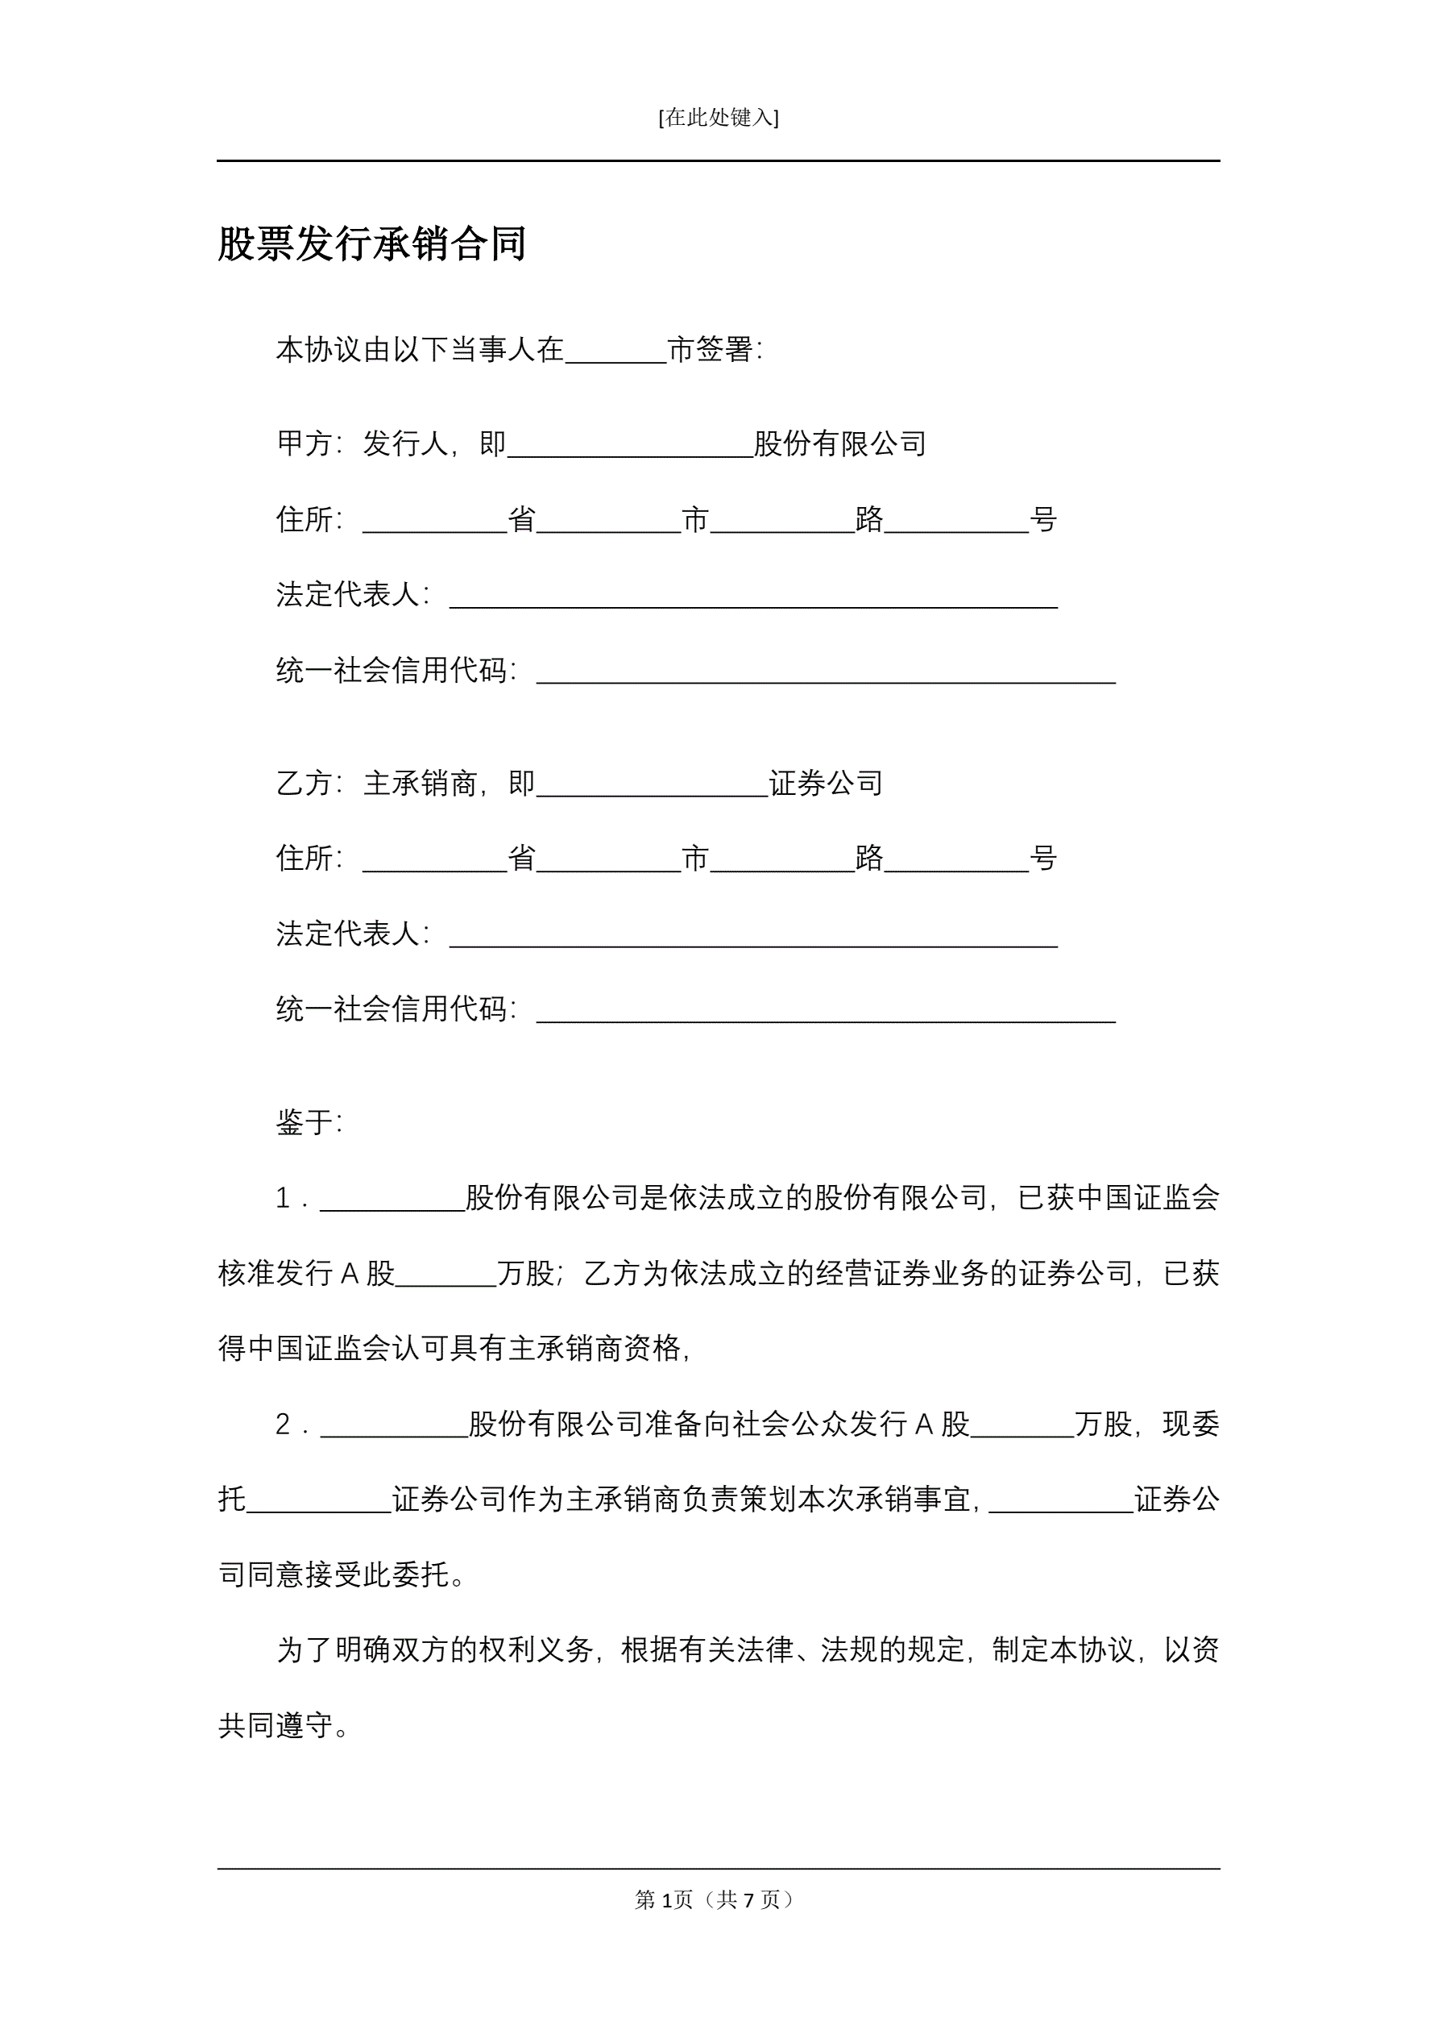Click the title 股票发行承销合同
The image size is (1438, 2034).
372,243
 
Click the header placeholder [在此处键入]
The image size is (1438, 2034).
718,118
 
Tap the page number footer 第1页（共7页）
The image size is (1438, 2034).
718,1899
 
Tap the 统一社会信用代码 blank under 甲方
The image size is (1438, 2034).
825,672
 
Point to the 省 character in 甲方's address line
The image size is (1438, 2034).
521,519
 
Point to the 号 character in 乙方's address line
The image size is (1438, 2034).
1044,858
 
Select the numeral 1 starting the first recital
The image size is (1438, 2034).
283,1199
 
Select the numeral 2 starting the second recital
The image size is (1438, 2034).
283,1425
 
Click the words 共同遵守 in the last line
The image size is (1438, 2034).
275,1726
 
